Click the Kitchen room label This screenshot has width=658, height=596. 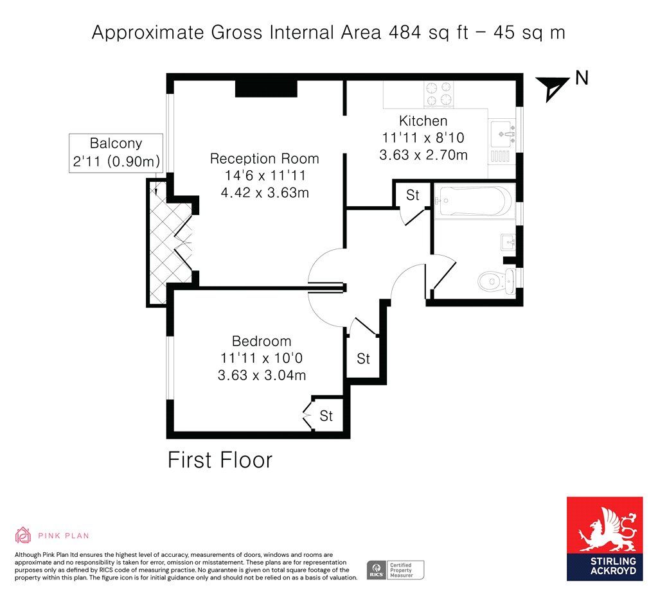coord(423,121)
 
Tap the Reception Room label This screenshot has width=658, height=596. coord(264,159)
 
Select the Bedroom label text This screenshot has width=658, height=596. coord(262,341)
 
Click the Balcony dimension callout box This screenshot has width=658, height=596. coord(116,153)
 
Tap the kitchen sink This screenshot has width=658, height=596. coord(502,135)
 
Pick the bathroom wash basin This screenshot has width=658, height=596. coord(508,242)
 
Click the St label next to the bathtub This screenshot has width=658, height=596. coord(413,195)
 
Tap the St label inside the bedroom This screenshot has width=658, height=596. coord(326,416)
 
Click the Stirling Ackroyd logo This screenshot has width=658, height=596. coord(604,539)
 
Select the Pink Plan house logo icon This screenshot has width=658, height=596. coord(23,535)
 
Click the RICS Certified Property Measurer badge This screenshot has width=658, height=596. coord(395,570)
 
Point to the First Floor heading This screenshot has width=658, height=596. coord(220,460)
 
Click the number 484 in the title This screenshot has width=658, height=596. coord(405,32)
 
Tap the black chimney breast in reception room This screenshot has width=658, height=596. coord(266,88)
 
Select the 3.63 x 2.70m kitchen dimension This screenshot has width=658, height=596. coord(423,155)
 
